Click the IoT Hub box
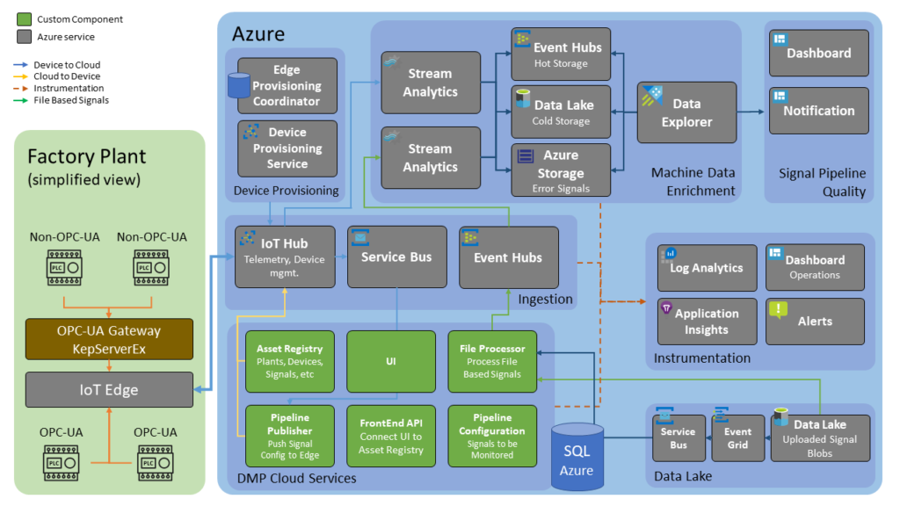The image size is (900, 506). [x=285, y=257]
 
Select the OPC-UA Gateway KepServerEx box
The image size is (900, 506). [x=109, y=339]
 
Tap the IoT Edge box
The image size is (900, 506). [x=109, y=389]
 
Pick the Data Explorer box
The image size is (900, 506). [x=686, y=112]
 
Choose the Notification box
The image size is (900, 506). [x=818, y=111]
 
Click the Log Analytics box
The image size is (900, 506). [x=707, y=268]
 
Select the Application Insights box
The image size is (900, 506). [x=707, y=321]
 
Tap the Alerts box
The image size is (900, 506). [x=815, y=321]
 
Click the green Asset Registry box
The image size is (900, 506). [x=290, y=361]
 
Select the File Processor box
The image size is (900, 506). [x=492, y=361]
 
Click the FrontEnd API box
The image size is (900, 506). [x=391, y=436]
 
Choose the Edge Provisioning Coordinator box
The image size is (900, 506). [x=287, y=85]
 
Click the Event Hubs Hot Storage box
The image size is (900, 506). [x=561, y=54]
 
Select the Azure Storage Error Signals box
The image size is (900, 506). [x=561, y=170]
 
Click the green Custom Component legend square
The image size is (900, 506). [x=24, y=19]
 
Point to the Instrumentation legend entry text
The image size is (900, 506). [x=69, y=89]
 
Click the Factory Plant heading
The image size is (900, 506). [x=86, y=157]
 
